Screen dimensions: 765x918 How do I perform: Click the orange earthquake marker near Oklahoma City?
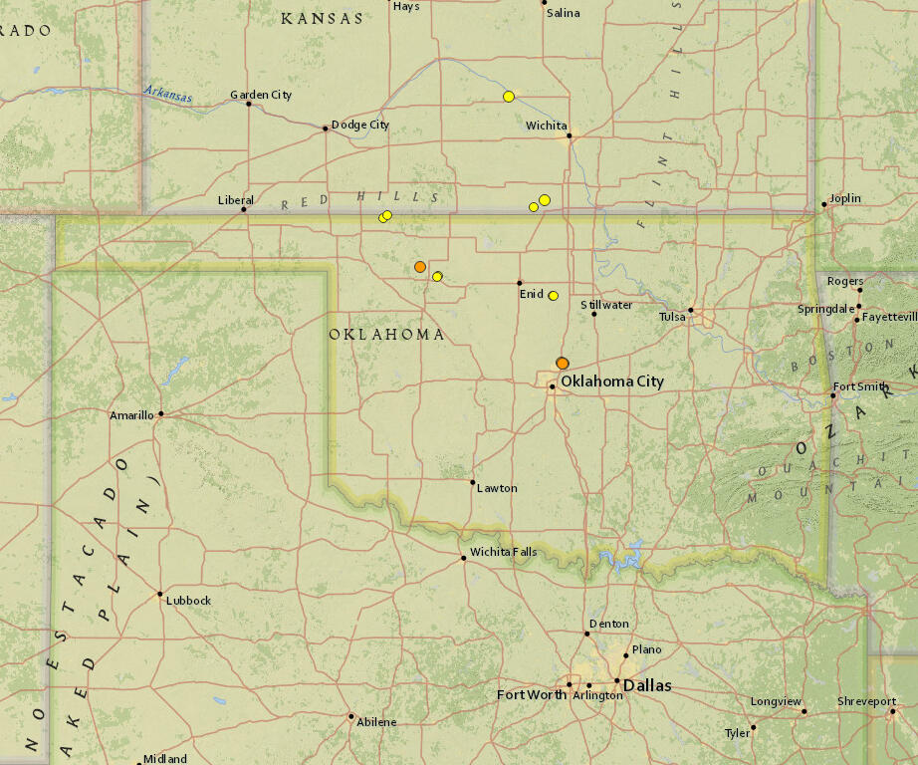[563, 364]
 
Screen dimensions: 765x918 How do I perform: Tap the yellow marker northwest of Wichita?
[509, 97]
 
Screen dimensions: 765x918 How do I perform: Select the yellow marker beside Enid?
[554, 296]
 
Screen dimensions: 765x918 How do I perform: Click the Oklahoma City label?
[611, 382]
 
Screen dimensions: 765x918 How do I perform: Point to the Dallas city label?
[647, 685]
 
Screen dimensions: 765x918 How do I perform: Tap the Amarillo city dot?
[160, 413]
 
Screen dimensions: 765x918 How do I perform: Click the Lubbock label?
[188, 601]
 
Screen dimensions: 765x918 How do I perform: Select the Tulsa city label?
[672, 317]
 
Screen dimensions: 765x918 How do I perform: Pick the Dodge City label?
[359, 125]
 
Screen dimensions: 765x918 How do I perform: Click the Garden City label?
[261, 95]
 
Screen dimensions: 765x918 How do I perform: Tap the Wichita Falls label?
[503, 552]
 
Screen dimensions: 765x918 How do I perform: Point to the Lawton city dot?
[473, 482]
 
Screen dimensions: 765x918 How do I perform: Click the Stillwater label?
[606, 305]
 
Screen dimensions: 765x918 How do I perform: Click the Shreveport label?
[866, 701]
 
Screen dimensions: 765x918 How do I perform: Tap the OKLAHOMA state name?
[387, 335]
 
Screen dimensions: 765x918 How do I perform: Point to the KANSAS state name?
[322, 18]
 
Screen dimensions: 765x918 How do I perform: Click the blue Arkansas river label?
[166, 94]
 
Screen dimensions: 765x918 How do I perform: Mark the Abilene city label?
[376, 722]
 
